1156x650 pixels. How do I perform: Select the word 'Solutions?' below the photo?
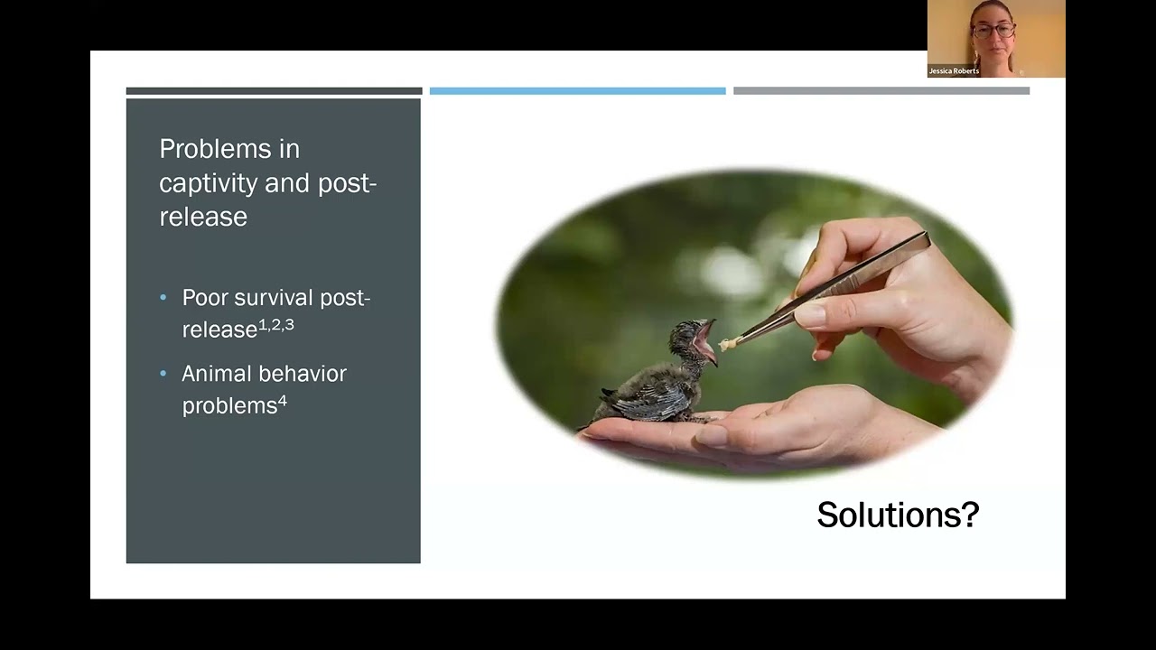(x=898, y=515)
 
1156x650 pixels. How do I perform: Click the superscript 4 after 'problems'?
(x=283, y=400)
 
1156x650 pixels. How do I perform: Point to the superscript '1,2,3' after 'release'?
(x=276, y=324)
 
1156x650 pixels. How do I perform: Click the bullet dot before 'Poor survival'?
(x=163, y=297)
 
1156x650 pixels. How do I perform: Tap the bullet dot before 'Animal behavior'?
(x=163, y=374)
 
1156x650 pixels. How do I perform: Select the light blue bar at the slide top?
(x=577, y=91)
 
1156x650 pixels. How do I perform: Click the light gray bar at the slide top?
(x=881, y=91)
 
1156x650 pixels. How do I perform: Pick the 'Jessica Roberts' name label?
(x=954, y=71)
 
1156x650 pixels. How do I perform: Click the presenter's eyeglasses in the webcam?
(x=993, y=30)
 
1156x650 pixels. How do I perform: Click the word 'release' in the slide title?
(x=203, y=217)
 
